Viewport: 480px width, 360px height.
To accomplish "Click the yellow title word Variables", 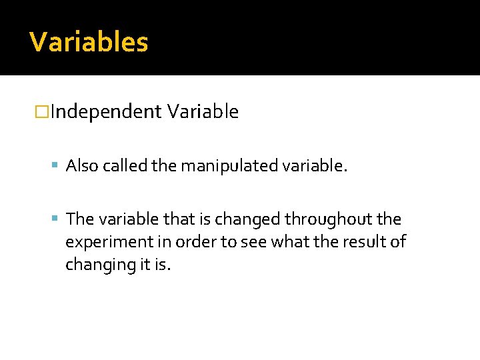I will (89, 42).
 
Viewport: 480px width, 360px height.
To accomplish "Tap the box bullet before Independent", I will (42, 112).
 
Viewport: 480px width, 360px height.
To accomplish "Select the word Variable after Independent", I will (203, 112).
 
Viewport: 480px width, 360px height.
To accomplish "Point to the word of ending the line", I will (397, 242).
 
